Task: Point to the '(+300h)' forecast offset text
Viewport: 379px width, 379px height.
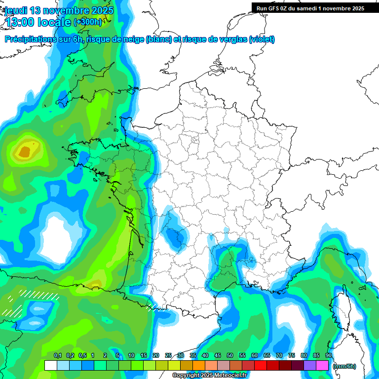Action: coord(87,22)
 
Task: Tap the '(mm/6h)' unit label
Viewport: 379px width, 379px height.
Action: coord(344,366)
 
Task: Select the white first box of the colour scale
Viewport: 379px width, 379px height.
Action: coord(50,366)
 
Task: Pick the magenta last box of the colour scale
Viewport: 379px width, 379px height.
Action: coord(322,366)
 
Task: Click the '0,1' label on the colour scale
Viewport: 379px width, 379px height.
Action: coord(57,356)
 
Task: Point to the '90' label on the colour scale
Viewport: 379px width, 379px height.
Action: coord(328,356)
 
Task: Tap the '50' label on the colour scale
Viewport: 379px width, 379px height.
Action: coord(230,356)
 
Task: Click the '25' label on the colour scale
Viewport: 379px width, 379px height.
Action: coord(168,356)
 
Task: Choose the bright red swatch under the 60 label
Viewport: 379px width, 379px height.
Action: coord(261,366)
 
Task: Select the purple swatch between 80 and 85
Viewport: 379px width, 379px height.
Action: coord(310,366)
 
